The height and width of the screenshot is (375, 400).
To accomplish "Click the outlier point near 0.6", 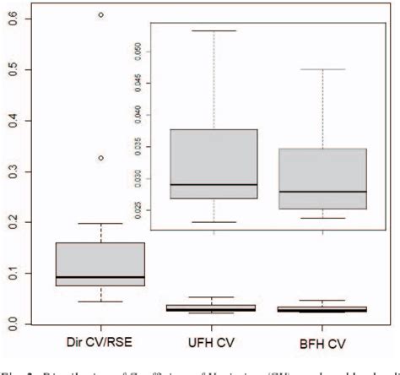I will pos(100,15).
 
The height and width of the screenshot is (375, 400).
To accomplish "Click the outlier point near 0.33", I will pos(100,158).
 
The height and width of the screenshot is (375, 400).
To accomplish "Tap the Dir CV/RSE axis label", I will pos(100,345).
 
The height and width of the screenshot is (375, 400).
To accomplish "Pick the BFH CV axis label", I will pos(322,345).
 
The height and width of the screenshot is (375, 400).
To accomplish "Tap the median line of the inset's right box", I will pos(322,192).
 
